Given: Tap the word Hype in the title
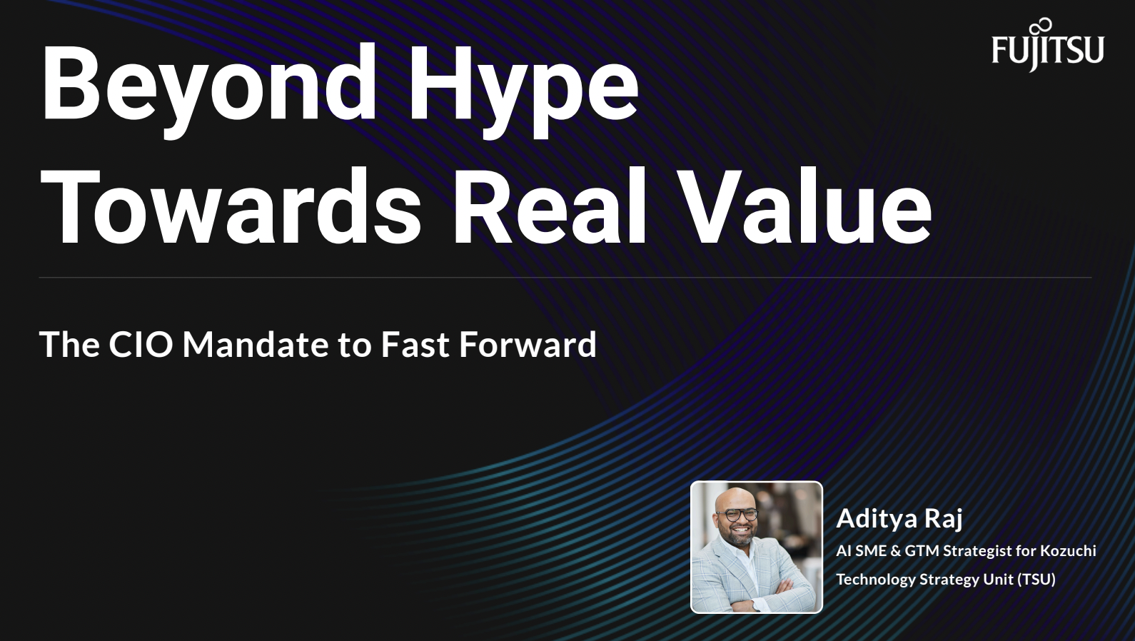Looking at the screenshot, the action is (x=524, y=90).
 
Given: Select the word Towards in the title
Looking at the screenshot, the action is (x=231, y=207).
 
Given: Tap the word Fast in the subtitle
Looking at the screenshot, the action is (x=415, y=344).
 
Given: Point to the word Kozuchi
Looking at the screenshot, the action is (x=1068, y=550).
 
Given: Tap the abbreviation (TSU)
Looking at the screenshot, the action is (x=1036, y=579).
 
